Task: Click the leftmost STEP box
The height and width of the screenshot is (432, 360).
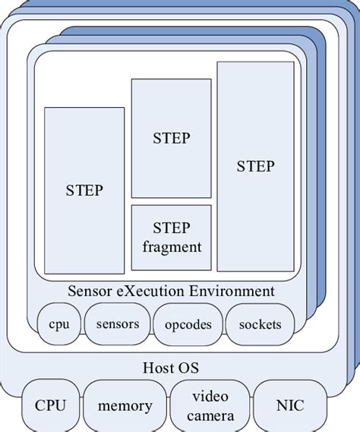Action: click(x=84, y=191)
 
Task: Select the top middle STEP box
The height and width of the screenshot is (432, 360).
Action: click(x=171, y=138)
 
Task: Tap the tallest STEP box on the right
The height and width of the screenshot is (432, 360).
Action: click(x=255, y=166)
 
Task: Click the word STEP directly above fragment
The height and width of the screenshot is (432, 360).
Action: click(x=171, y=228)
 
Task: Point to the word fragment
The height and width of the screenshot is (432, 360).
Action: click(x=171, y=247)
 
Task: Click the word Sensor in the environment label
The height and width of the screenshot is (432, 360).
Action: click(x=90, y=291)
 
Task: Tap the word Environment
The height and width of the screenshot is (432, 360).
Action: click(x=228, y=291)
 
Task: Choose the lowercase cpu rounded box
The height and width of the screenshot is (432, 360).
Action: click(x=58, y=324)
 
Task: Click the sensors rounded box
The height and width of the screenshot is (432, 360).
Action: click(x=118, y=324)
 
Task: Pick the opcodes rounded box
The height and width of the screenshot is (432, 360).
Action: click(x=187, y=324)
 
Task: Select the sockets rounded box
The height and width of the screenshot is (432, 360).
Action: click(x=260, y=324)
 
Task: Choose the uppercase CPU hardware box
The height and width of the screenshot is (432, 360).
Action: click(x=50, y=405)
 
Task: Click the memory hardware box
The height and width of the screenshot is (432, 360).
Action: click(x=125, y=405)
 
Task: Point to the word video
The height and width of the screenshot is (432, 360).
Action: click(x=210, y=396)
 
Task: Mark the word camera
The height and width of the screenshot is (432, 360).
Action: click(x=210, y=415)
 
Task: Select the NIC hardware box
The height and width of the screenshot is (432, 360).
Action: click(x=289, y=405)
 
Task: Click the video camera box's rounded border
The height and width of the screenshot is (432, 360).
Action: click(x=172, y=405)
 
